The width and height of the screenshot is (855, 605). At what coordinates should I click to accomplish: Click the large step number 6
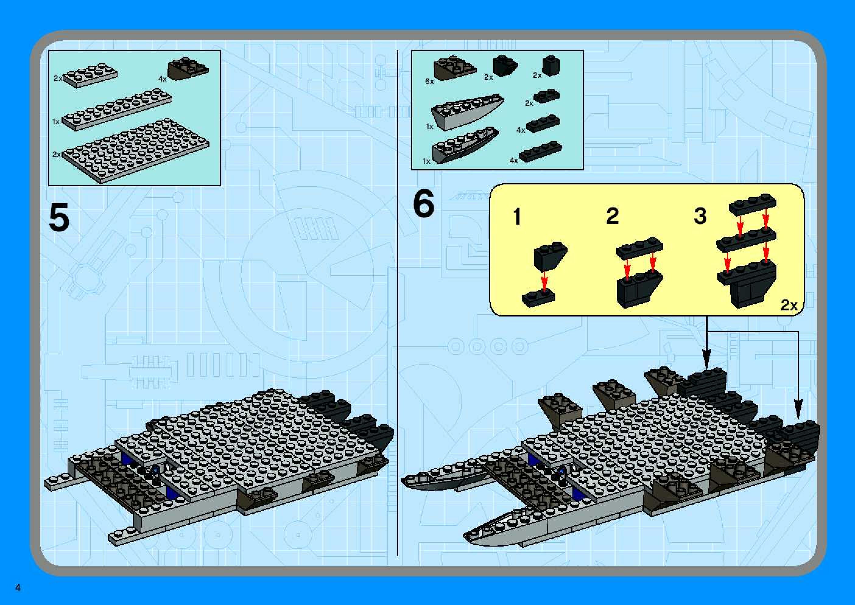[x=424, y=203]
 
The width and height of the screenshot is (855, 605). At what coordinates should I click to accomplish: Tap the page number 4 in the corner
[x=18, y=588]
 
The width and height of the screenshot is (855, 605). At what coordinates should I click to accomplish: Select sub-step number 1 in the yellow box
[x=517, y=216]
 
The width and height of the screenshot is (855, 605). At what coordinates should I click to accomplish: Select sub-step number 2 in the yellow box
[x=612, y=216]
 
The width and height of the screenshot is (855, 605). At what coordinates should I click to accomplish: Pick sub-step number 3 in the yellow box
[x=700, y=216]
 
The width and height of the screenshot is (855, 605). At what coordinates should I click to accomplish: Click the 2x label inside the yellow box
[x=789, y=306]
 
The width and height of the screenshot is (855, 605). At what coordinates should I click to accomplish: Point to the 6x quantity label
[x=429, y=81]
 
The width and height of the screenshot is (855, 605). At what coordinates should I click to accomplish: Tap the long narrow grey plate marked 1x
[x=117, y=109]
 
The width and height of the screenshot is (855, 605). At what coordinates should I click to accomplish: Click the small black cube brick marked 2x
[x=551, y=66]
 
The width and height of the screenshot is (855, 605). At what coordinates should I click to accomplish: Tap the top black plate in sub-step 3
[x=752, y=205]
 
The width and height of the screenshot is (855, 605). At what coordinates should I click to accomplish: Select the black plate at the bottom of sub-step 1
[x=539, y=299]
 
